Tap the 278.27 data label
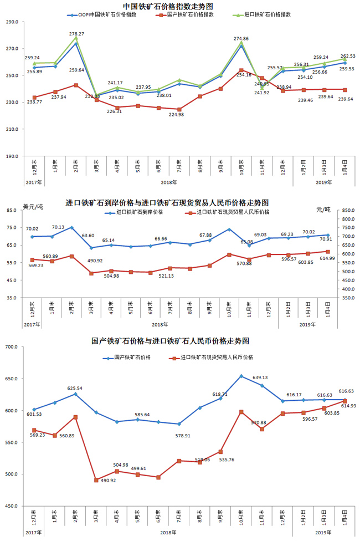(x=77, y=34)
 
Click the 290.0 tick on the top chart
(x=12, y=23)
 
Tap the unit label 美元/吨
(x=33, y=207)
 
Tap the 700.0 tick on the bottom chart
(x=12, y=347)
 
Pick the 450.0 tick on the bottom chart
(x=12, y=506)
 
